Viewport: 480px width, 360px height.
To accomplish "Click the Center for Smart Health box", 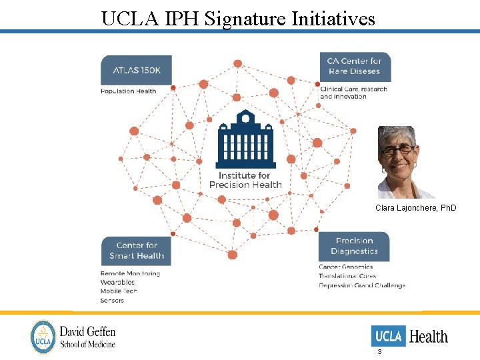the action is pos(136,251).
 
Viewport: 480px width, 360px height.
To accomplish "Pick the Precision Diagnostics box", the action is pos(353,246).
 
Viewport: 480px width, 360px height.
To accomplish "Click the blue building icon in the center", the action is pos(245,139).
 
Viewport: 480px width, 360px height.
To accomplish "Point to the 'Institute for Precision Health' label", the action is pos(245,180).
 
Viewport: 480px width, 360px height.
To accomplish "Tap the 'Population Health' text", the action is pos(128,91).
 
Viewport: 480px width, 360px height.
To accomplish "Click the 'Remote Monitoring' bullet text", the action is pos(130,273).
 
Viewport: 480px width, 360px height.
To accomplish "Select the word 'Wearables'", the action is pos(117,283).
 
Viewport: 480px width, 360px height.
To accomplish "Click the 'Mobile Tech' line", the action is pos(119,291).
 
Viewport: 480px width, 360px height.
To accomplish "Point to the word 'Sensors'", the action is pos(112,301).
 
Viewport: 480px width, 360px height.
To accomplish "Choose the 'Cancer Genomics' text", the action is pos(345,267).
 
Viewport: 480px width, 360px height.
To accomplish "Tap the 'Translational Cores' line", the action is pos(347,276).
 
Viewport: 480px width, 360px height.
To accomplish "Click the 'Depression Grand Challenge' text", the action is pos(362,285).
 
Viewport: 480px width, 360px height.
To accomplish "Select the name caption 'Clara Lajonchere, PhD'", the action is pos(416,208).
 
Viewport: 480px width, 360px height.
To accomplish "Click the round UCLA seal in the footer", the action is pos(43,337).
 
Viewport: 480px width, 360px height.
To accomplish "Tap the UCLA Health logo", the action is pos(409,336).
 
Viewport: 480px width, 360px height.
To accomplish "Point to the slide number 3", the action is pos(379,351).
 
